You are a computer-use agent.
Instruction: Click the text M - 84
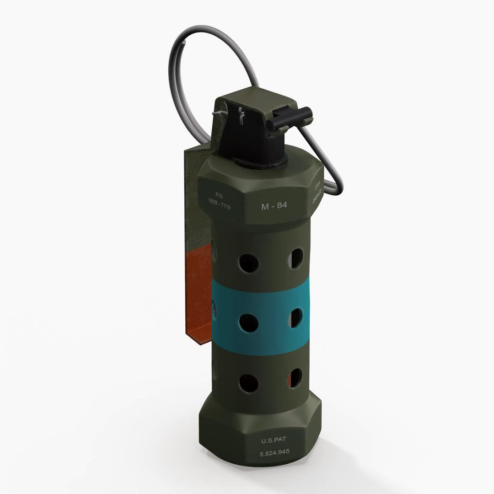click(274, 206)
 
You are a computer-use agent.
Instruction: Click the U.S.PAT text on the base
click(273, 441)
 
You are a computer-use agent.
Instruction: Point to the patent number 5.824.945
click(274, 453)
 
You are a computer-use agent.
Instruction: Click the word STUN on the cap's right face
click(316, 187)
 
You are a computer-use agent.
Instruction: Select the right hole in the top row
click(295, 259)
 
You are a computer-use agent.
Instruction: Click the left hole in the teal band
click(248, 323)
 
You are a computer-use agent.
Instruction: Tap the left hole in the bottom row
click(248, 383)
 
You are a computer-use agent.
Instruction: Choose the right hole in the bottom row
click(295, 377)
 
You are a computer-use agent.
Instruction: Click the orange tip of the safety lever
click(199, 293)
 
